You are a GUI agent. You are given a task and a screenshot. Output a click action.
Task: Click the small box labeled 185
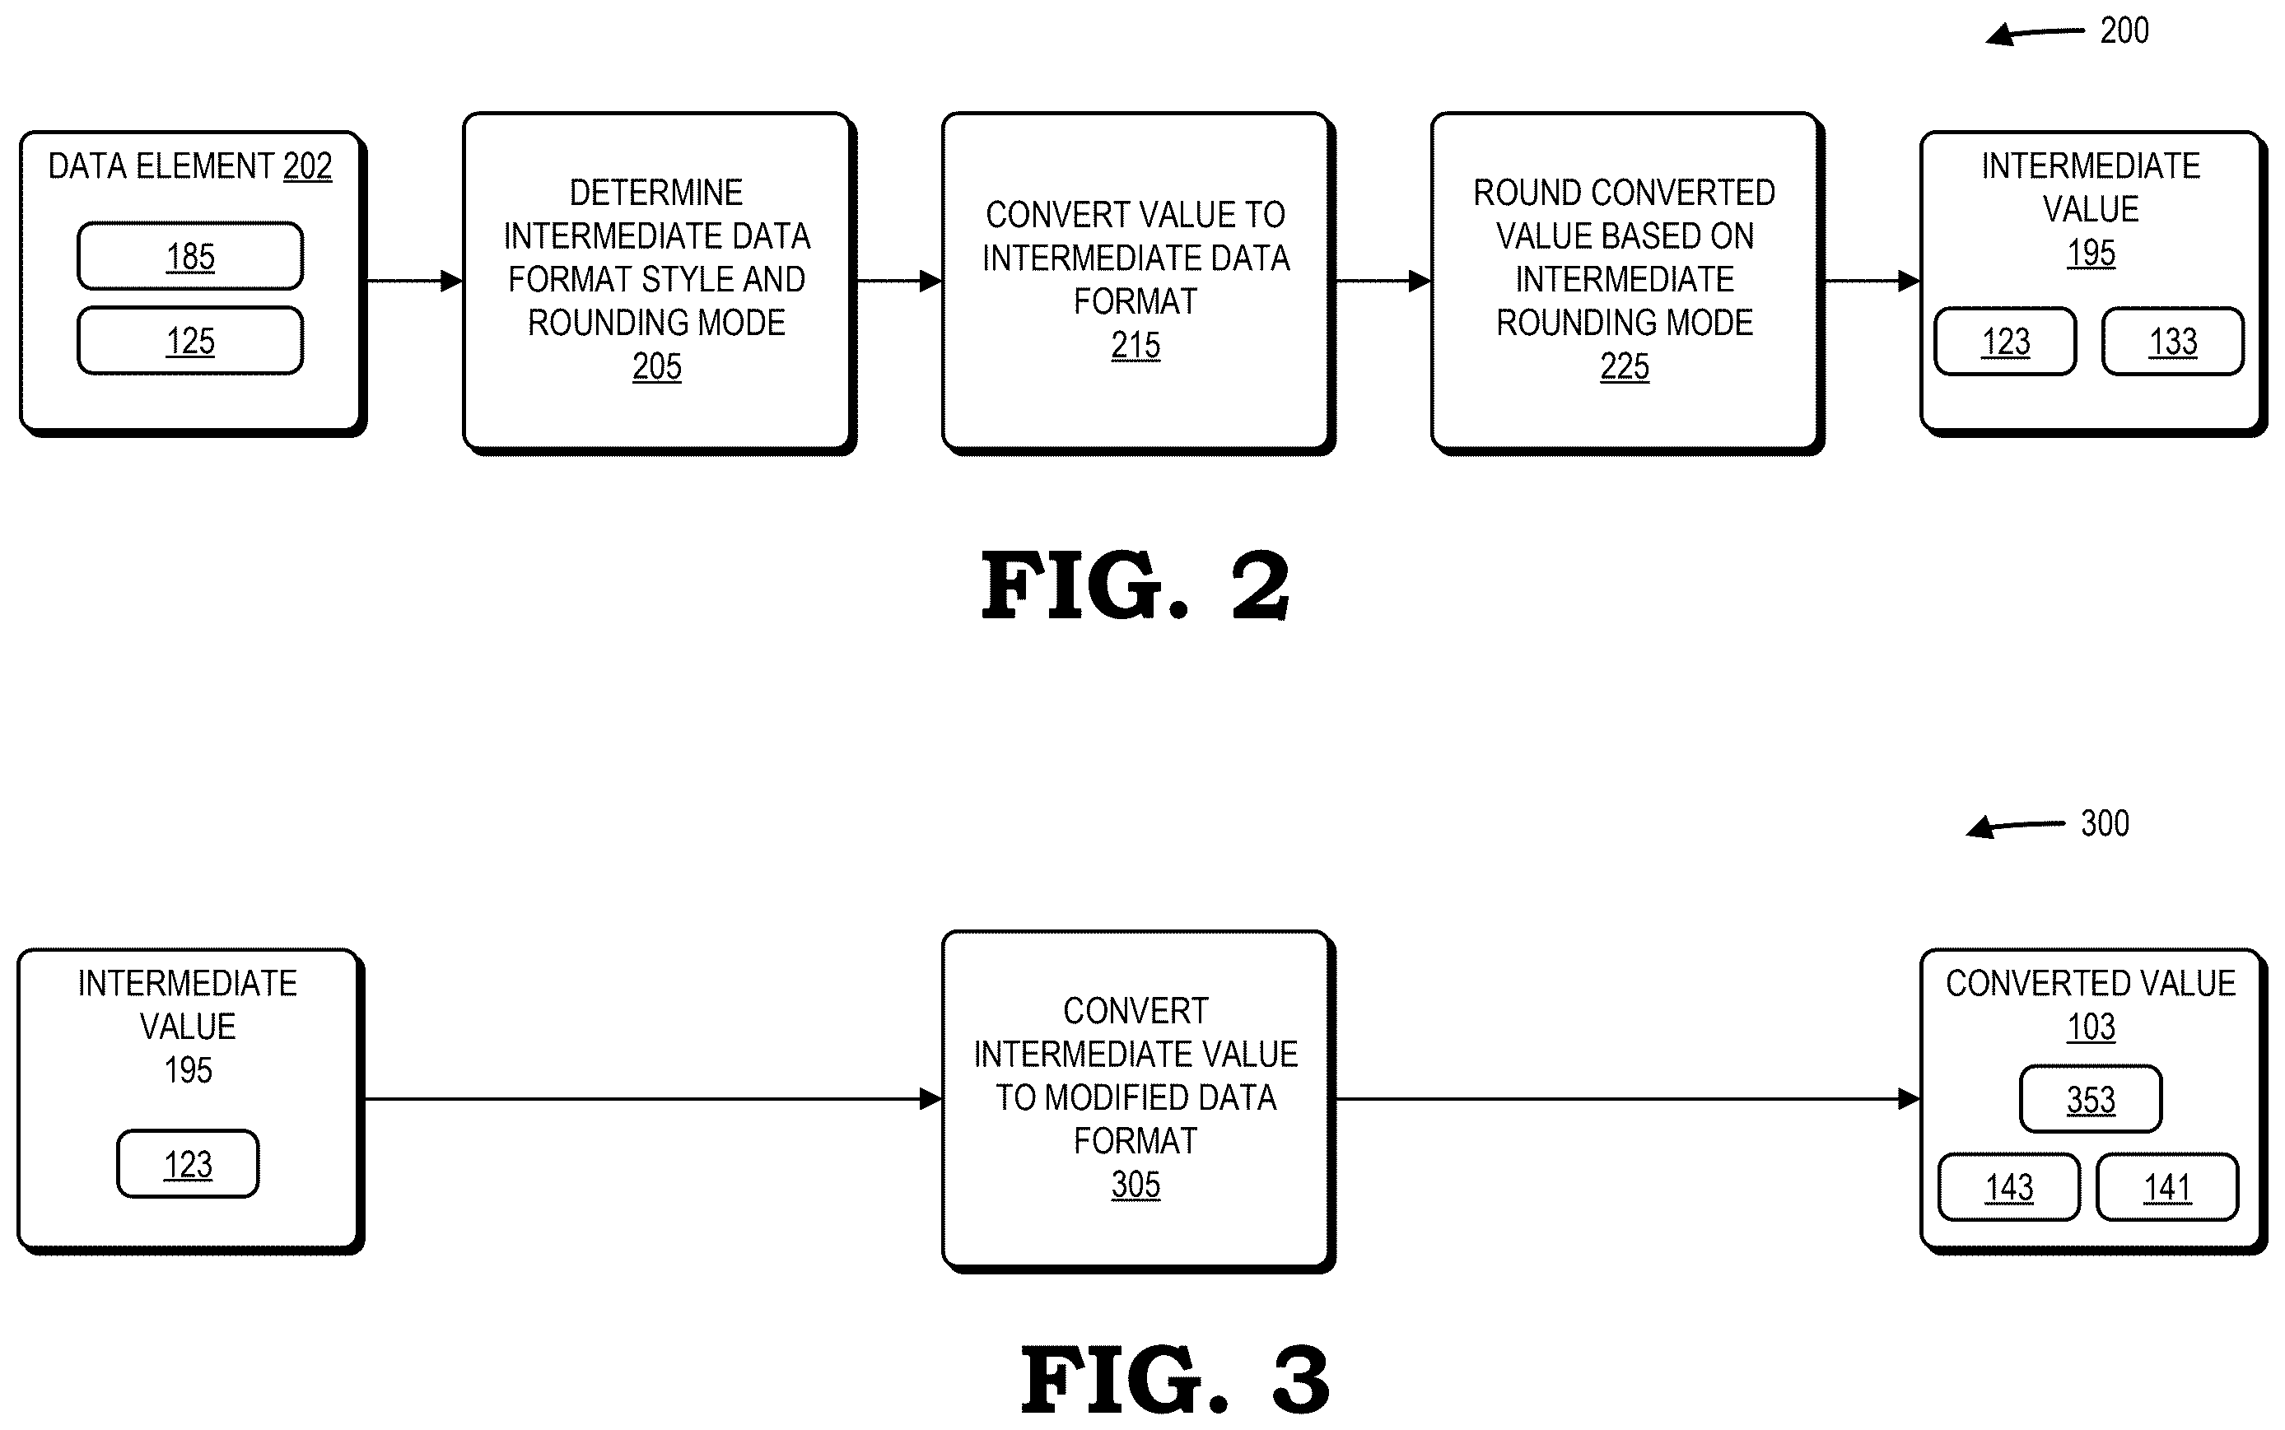click(x=190, y=256)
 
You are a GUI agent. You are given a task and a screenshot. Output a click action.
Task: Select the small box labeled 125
click(x=190, y=341)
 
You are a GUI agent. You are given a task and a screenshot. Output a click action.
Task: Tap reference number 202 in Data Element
click(x=307, y=166)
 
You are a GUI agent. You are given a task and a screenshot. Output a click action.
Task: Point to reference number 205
click(x=656, y=367)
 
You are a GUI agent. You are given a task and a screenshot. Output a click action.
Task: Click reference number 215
click(x=1135, y=345)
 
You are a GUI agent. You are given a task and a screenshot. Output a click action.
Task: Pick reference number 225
click(x=1624, y=367)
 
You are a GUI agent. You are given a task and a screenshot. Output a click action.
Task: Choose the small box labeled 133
click(x=2172, y=342)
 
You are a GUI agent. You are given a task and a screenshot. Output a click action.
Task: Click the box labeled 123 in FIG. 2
click(x=2005, y=342)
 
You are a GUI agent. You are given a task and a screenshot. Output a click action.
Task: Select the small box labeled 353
click(x=2090, y=1099)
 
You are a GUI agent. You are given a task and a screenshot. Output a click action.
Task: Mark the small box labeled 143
click(x=2009, y=1187)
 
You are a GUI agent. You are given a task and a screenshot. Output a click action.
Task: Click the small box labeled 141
click(x=2166, y=1187)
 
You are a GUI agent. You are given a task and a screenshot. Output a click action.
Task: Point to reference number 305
click(x=1135, y=1185)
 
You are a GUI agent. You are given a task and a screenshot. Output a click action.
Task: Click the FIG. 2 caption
click(x=1135, y=585)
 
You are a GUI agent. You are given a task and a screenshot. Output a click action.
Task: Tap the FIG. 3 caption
click(x=1175, y=1380)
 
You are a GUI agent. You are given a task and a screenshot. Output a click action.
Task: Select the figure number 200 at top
click(x=2124, y=31)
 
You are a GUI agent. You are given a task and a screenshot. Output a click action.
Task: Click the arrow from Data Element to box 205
click(x=414, y=281)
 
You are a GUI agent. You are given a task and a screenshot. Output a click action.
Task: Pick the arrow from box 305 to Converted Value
click(x=1627, y=1099)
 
